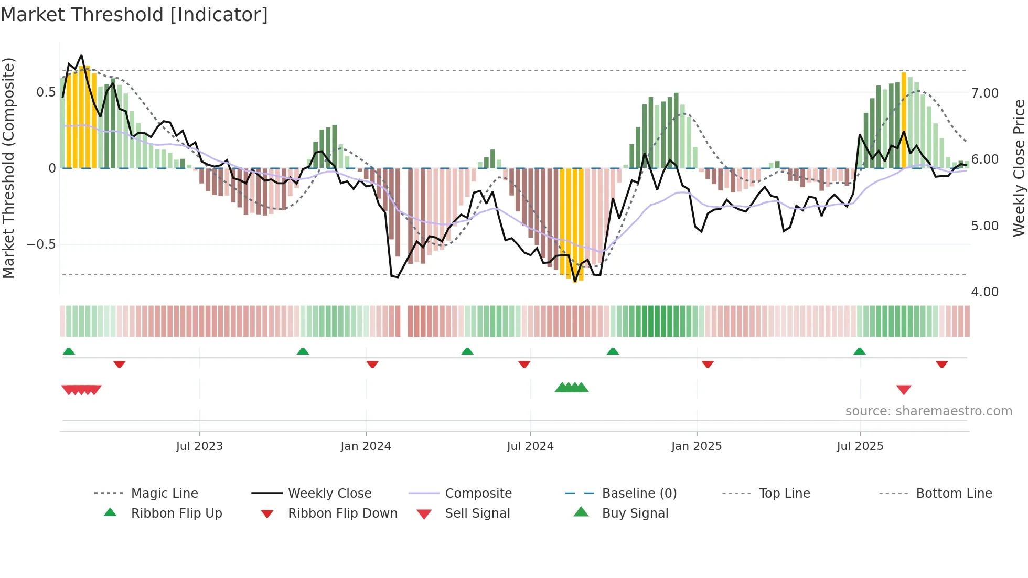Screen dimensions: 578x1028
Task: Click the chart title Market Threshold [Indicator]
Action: [134, 15]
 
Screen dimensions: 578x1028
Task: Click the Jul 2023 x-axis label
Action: [199, 446]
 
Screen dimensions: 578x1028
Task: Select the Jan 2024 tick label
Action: [366, 446]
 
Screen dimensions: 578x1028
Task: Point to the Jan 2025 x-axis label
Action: [697, 446]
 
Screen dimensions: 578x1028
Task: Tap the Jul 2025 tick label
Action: [860, 446]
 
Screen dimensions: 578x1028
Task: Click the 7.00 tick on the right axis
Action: [985, 93]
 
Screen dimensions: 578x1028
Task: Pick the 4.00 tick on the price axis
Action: [985, 292]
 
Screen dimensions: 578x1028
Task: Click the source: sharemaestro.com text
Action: [928, 411]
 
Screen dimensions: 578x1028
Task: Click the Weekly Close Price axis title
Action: [1019, 168]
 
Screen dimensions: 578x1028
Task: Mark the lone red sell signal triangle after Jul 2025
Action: [904, 390]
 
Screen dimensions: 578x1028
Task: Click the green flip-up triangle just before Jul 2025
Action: [859, 351]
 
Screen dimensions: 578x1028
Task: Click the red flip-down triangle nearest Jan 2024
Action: [372, 364]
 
